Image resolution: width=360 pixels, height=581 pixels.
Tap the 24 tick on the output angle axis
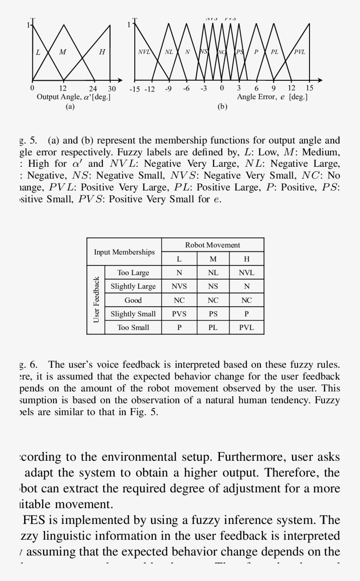coord(93,88)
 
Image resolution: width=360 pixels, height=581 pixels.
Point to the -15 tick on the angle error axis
coord(134,89)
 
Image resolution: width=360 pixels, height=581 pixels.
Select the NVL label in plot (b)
coord(144,52)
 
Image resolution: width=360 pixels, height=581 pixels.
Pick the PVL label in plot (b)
coord(299,52)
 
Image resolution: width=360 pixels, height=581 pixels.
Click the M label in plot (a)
coord(63,52)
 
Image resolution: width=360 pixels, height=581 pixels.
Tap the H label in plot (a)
coord(102,52)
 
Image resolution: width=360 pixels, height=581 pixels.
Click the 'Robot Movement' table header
coord(212,245)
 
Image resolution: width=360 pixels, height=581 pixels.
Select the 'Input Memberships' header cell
coord(124,252)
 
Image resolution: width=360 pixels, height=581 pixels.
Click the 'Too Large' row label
coord(133,273)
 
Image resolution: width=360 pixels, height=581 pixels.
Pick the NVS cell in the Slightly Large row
coord(179,286)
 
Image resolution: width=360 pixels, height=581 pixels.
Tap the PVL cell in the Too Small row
coord(246,327)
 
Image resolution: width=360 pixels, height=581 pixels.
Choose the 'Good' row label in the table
coord(133,300)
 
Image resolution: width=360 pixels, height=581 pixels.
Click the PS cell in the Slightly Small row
coord(213,314)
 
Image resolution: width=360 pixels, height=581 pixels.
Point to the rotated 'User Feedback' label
coord(96,300)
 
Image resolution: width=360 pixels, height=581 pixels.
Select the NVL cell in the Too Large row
coord(246,273)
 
